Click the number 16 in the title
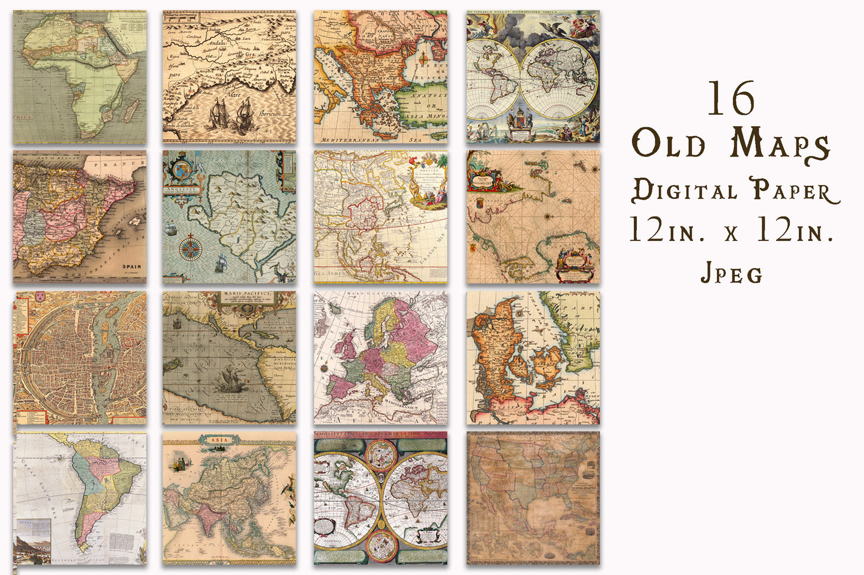pyautogui.click(x=732, y=99)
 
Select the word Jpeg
pyautogui.click(x=731, y=274)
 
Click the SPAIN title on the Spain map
pyautogui.click(x=132, y=267)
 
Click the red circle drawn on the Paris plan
pyautogui.click(x=128, y=343)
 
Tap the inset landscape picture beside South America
pyautogui.click(x=33, y=541)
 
